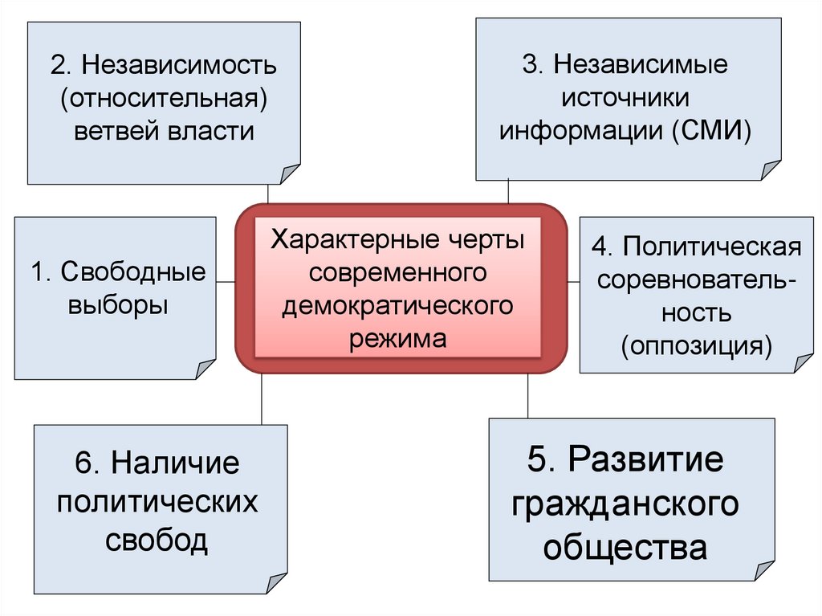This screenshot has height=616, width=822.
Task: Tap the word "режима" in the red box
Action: pyautogui.click(x=397, y=338)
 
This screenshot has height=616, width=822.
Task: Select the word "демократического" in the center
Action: pyautogui.click(x=397, y=305)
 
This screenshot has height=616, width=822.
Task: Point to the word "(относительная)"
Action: pyautogui.click(x=164, y=97)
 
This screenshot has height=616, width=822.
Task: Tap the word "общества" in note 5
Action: pyautogui.click(x=625, y=548)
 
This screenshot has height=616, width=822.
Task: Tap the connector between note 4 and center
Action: pyautogui.click(x=573, y=282)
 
